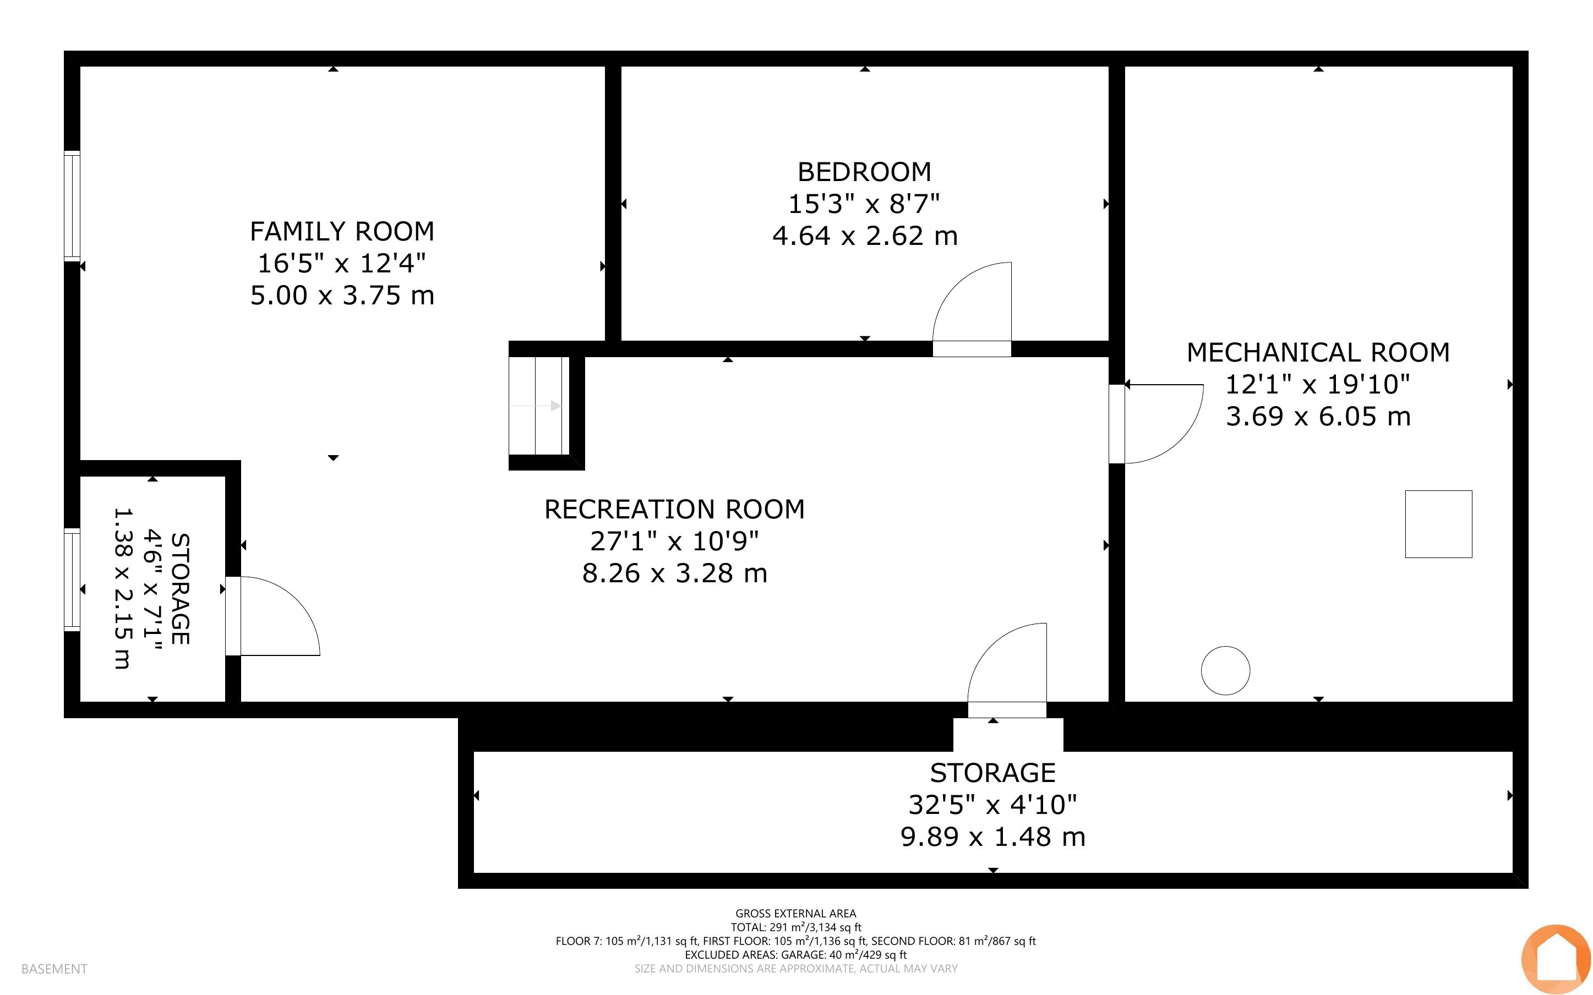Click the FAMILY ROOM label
(x=342, y=232)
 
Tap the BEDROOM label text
(x=865, y=172)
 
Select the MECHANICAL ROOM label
(x=1318, y=353)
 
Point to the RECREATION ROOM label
(x=674, y=510)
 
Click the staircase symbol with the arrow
(x=539, y=406)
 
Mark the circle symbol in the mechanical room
(x=1225, y=670)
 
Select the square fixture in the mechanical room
(x=1438, y=524)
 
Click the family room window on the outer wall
(x=72, y=205)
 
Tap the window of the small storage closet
(x=72, y=579)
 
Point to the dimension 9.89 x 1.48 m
(x=993, y=837)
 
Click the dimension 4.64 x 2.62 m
(x=865, y=236)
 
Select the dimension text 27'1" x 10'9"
(x=674, y=541)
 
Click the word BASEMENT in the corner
(x=54, y=969)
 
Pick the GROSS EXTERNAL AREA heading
(x=795, y=914)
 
